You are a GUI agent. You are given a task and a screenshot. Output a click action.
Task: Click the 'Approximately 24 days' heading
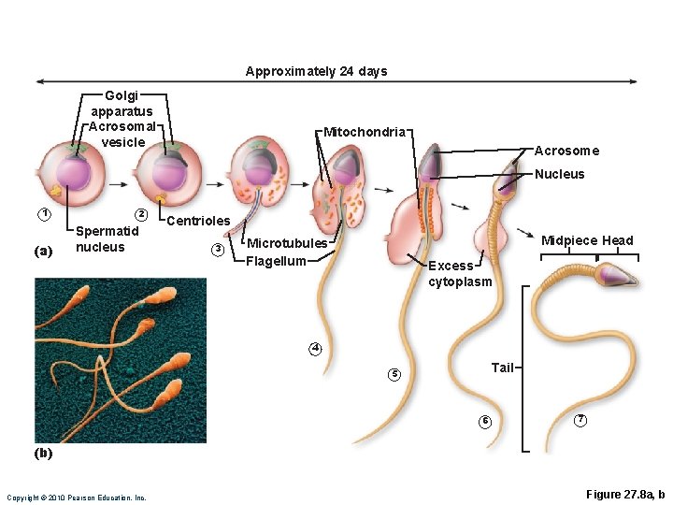(x=316, y=71)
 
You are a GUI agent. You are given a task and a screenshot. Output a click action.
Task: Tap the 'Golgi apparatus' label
(x=122, y=103)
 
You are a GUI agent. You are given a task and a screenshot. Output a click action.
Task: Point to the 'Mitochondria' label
(x=365, y=132)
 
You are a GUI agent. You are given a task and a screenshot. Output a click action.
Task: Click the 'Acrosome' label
(x=566, y=151)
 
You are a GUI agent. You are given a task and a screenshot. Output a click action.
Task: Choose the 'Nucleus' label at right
(x=560, y=174)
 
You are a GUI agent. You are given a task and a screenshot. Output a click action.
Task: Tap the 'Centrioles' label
(x=197, y=221)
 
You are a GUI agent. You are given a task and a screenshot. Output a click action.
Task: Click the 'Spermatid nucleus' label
(x=107, y=238)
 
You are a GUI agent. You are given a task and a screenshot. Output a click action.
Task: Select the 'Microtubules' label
(x=286, y=243)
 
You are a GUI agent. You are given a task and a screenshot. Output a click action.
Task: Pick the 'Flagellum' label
(x=276, y=261)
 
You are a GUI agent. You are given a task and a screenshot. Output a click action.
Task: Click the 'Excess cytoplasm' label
(x=459, y=273)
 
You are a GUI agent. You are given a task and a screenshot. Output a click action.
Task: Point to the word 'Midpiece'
(x=569, y=240)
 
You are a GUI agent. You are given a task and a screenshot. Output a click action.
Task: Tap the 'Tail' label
(x=502, y=368)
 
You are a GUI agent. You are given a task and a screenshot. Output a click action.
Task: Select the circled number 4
(x=316, y=349)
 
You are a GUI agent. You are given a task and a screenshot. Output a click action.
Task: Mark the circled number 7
(x=580, y=420)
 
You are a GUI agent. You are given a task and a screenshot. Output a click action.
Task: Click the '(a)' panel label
(x=43, y=251)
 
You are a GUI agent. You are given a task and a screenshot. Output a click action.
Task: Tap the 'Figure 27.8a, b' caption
(x=624, y=494)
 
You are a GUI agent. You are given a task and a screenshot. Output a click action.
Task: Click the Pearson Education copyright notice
(x=77, y=498)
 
